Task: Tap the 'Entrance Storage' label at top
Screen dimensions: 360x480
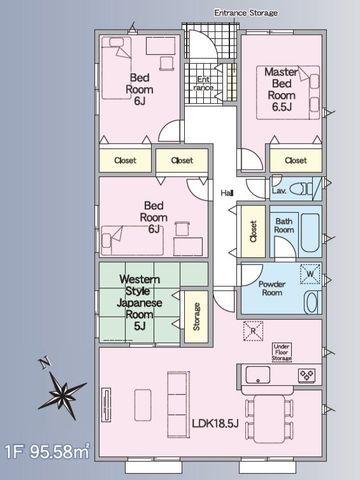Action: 246,13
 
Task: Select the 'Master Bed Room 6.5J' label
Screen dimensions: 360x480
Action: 281,89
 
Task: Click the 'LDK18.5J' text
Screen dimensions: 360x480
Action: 215,423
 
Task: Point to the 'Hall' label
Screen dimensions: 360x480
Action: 227,193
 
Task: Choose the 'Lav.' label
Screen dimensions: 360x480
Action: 279,191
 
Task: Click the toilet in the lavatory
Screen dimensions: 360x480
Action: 301,189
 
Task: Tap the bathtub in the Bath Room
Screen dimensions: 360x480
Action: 310,233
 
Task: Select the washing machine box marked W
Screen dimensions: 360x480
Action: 310,274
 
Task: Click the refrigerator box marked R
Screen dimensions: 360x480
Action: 253,331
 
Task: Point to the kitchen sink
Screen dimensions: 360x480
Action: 258,375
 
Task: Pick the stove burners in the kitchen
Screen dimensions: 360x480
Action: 307,376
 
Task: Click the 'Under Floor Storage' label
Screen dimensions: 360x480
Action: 282,352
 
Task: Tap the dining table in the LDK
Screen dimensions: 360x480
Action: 269,419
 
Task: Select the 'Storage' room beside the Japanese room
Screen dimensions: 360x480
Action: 196,316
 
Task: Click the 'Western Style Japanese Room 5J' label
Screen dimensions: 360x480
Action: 139,302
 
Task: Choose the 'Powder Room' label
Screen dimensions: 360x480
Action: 272,288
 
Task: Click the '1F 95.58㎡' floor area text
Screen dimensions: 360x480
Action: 47,452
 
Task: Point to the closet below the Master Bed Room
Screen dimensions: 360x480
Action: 296,161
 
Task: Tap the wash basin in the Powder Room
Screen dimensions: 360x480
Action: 312,302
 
